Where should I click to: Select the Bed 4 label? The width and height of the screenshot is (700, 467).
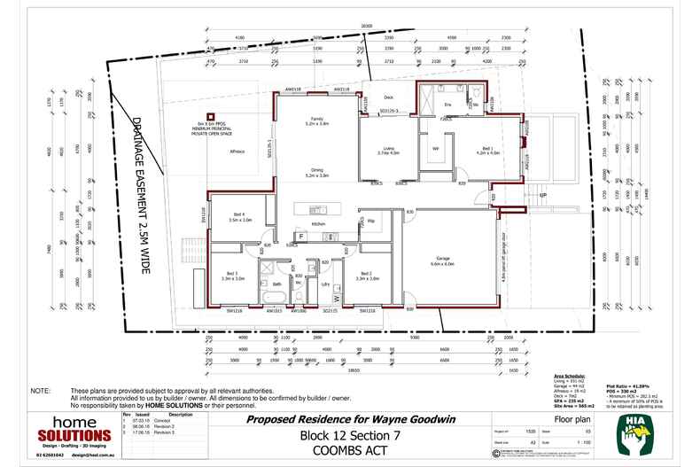click(240, 215)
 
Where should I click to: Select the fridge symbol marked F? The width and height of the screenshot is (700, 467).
click(301, 237)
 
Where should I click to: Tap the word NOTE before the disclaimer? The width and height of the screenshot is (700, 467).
click(41, 391)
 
